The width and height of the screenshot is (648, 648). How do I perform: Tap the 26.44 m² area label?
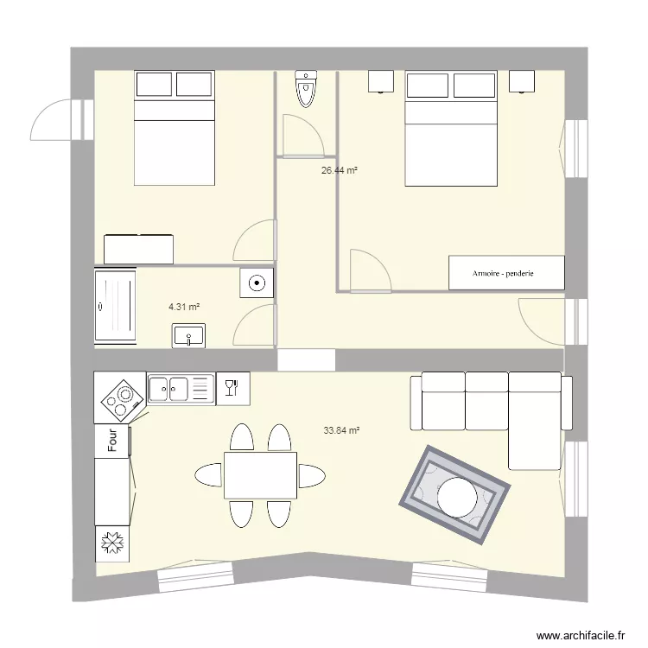[x=340, y=171]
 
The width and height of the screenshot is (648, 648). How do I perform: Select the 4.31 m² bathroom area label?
[x=184, y=307]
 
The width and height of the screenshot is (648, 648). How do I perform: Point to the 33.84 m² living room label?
[x=341, y=429]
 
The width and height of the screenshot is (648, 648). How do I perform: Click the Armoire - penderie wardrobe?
[x=506, y=273]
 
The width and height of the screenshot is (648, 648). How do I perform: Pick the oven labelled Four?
[x=112, y=442]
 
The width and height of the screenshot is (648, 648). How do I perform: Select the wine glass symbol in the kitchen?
[x=232, y=388]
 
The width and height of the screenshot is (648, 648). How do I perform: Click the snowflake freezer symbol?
[x=112, y=543]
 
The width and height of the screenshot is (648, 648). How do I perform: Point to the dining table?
[x=260, y=475]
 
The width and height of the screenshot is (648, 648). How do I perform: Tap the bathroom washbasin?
[x=187, y=335]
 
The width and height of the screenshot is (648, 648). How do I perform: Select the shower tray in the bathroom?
[x=116, y=307]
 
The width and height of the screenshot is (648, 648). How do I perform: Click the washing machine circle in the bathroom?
[x=257, y=283]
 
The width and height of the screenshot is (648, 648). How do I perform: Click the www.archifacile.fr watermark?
[x=581, y=635]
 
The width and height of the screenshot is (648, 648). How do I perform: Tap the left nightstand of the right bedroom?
[x=383, y=81]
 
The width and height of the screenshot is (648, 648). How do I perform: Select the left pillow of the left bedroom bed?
[x=155, y=85]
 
